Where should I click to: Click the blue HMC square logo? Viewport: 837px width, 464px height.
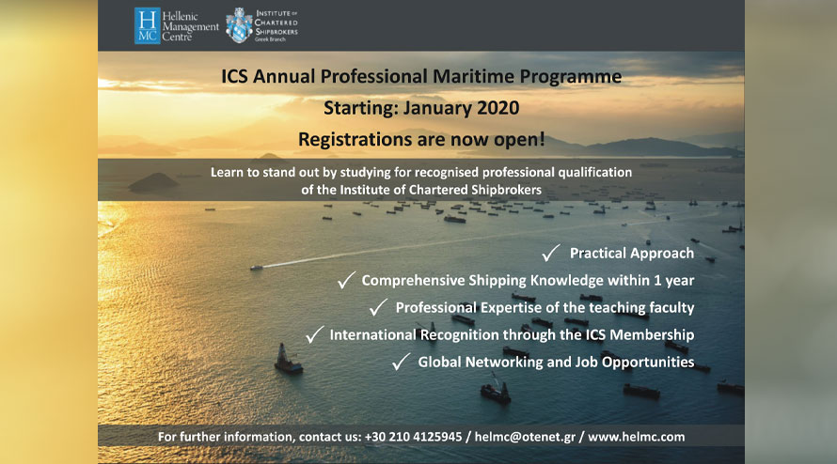click(x=148, y=25)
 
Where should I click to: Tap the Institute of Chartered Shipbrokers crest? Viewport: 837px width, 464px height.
click(x=239, y=25)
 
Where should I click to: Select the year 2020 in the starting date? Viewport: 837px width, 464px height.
click(x=498, y=108)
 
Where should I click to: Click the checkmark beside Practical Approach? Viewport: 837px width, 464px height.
click(x=551, y=253)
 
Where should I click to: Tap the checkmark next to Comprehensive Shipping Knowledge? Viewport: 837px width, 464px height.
click(x=346, y=280)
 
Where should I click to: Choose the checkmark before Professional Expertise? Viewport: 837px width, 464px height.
click(x=378, y=307)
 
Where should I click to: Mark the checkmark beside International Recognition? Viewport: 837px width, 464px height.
click(x=314, y=334)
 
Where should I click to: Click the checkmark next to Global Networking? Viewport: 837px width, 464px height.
click(x=401, y=362)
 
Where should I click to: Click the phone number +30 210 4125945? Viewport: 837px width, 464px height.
click(x=413, y=437)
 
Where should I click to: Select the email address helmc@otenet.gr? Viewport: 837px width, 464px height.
click(x=525, y=437)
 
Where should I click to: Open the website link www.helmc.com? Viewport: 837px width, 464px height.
click(x=637, y=437)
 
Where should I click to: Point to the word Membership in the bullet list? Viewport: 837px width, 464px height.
click(x=652, y=334)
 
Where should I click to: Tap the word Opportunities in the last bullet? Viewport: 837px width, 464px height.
click(x=648, y=363)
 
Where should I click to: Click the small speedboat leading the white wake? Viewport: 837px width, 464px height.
click(x=256, y=267)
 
